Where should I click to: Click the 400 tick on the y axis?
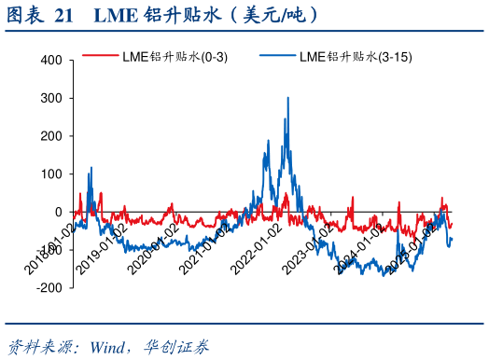(50, 61)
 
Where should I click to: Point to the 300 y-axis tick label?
(50, 98)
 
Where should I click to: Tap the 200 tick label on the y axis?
(50, 136)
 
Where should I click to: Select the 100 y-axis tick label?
(50, 174)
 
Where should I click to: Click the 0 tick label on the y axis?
(57, 212)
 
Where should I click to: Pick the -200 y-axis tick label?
(49, 288)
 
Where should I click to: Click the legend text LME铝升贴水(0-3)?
(175, 57)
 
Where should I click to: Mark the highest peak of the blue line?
(287, 97)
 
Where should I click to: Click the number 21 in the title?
(64, 15)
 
